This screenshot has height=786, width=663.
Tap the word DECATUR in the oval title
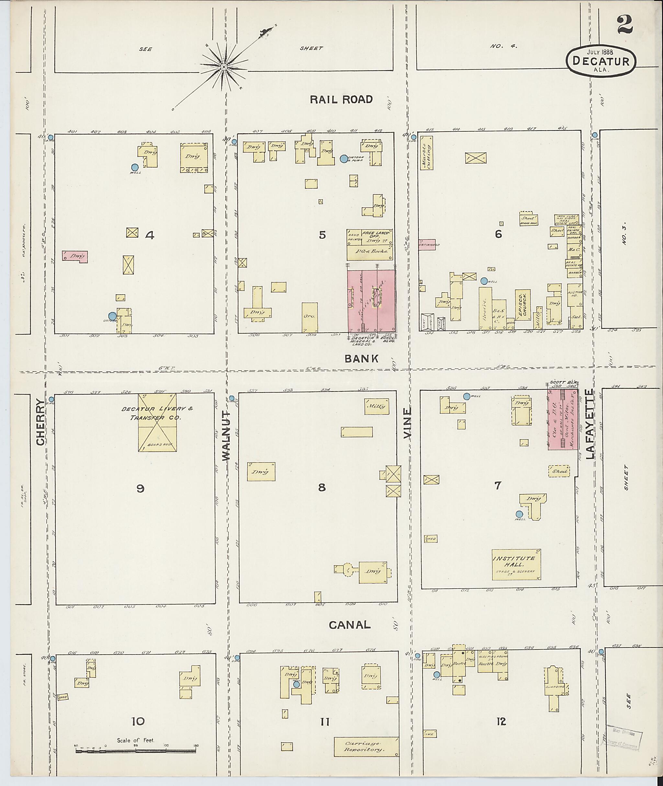point(601,61)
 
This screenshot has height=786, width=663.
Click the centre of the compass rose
point(224,67)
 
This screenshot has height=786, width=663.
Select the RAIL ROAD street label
point(341,99)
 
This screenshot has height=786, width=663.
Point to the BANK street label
point(361,359)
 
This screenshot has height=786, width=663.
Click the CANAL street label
point(350,625)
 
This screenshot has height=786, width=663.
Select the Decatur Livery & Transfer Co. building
point(157,422)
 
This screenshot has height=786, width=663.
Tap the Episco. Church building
point(523,305)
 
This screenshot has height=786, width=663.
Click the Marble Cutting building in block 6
point(427,153)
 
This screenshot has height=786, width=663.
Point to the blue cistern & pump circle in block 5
point(343,159)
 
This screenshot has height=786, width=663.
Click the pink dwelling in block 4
point(75,257)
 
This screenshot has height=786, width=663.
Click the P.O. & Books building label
point(369,252)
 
